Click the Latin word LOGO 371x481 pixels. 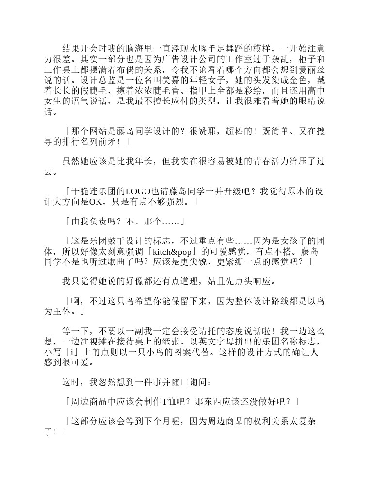(x=138, y=191)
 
